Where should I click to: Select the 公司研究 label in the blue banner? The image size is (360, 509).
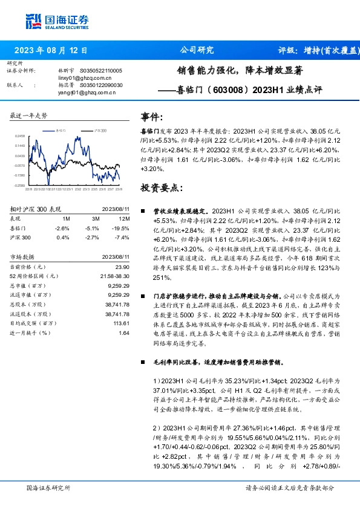pos(197,50)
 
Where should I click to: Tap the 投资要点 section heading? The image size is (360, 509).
pos(161,187)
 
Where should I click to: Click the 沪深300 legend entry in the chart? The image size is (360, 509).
pos(100,130)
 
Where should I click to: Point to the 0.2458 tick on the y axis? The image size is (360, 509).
pos(21,136)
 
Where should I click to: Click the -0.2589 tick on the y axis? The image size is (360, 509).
pos(21,185)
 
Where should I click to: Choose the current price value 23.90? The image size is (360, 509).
pos(123,267)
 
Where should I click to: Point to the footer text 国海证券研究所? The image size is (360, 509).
pos(48,487)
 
